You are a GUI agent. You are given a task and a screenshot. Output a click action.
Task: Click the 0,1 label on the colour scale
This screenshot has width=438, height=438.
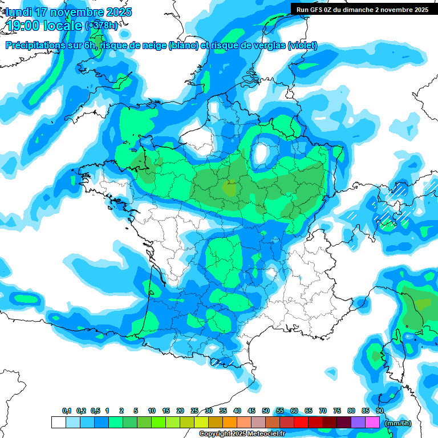[x=67, y=411]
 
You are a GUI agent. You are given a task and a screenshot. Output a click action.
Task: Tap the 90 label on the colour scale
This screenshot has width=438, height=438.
[x=380, y=411]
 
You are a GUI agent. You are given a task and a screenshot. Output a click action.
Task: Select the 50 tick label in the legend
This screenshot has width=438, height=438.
[x=266, y=411]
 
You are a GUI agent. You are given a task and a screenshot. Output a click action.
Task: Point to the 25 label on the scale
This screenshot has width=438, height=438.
[x=194, y=411]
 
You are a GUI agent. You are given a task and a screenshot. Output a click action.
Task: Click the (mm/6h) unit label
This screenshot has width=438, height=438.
[x=398, y=423]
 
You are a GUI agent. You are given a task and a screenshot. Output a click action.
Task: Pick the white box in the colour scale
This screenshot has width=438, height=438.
[x=58, y=423]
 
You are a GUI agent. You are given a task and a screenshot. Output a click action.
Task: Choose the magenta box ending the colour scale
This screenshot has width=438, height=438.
[x=372, y=423]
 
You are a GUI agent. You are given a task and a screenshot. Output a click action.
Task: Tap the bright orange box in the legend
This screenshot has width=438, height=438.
[x=230, y=423]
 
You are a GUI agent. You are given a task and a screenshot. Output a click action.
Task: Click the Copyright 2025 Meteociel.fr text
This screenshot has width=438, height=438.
[x=242, y=434]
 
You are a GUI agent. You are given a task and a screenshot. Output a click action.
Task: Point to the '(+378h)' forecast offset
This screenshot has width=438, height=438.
[x=102, y=26]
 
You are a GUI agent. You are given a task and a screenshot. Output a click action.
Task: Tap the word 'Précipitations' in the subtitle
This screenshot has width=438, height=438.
[x=34, y=46]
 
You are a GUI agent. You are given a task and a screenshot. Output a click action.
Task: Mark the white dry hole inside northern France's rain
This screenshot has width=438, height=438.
[x=262, y=153]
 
